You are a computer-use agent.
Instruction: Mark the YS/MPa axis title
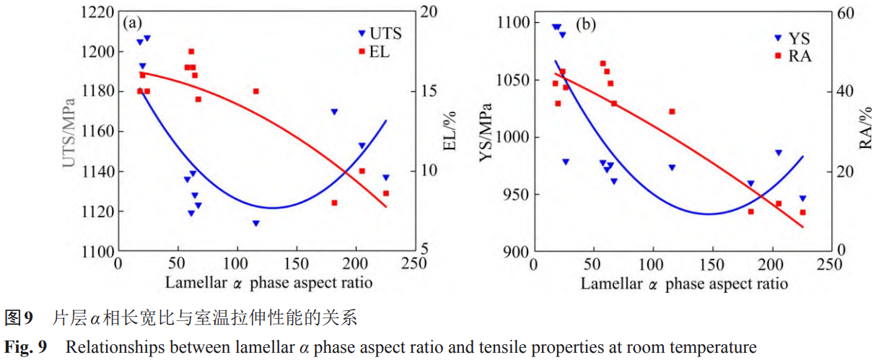click(486, 138)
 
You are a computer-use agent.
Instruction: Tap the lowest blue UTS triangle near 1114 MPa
click(255, 224)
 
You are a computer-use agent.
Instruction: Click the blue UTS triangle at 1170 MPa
click(334, 112)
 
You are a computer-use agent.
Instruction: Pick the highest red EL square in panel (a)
click(191, 51)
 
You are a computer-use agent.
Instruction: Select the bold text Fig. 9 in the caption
click(27, 348)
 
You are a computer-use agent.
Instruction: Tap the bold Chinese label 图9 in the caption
click(19, 318)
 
